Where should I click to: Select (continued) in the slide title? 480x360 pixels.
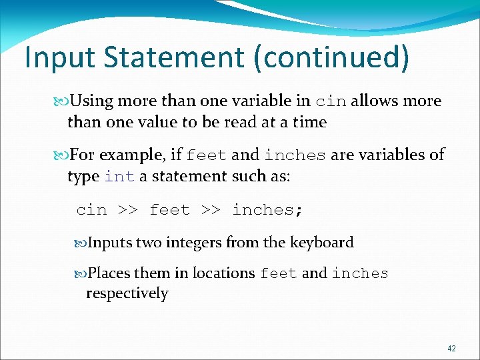tap(331, 58)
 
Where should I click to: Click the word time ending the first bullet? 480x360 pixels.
tap(309, 122)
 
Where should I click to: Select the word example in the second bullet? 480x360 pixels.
tap(141, 155)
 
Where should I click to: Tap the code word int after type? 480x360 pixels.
tap(120, 177)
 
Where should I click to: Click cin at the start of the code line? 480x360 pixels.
tap(91, 210)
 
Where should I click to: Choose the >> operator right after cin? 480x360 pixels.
tap(128, 210)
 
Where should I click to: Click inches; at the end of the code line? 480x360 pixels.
tap(267, 210)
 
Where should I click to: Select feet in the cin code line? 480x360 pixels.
tap(169, 210)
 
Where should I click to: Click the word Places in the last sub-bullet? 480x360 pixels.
tap(109, 273)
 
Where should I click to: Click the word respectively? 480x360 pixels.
tap(127, 293)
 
